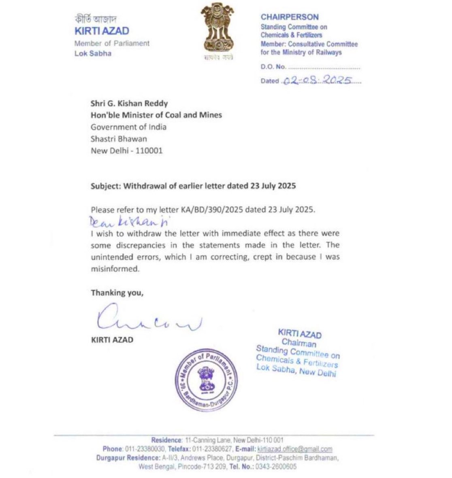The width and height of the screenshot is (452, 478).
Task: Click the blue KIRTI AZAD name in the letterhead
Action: pos(102,31)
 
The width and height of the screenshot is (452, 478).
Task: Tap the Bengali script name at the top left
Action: pos(96,19)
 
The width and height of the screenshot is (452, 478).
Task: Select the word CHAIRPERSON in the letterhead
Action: pos(290,17)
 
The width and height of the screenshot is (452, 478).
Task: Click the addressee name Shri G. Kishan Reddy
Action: pos(129,103)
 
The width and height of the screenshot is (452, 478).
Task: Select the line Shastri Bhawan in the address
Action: pos(119,139)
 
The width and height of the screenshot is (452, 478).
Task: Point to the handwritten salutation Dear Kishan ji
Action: pos(130,221)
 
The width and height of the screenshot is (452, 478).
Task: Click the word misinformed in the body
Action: pos(115,269)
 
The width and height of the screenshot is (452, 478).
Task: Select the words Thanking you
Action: pos(117,293)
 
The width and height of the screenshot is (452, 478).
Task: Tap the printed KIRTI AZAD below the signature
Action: pos(112,340)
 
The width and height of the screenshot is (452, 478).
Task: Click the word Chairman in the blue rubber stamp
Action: pos(299,343)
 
